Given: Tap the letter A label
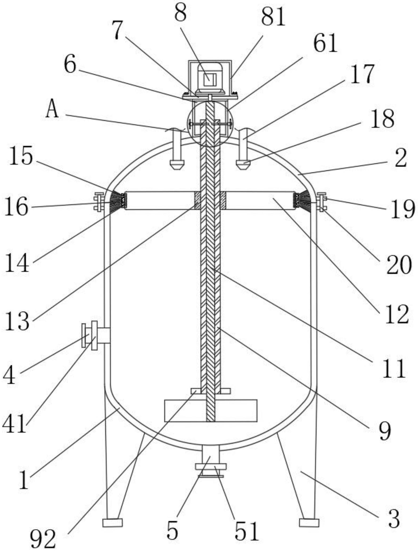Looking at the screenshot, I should (x=52, y=110).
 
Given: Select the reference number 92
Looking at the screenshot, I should (x=43, y=539).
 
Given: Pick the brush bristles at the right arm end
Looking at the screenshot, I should (x=304, y=201).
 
